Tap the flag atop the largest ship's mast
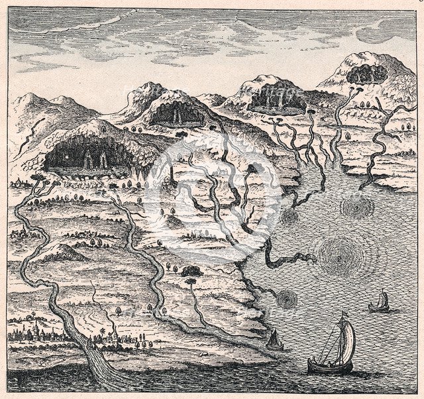(343, 314)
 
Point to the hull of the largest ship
(329, 366)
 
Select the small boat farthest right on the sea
(379, 306)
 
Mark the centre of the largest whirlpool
(343, 253)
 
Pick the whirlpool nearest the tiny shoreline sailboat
(286, 300)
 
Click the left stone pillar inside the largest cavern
(89, 158)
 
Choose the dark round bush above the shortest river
(191, 270)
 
